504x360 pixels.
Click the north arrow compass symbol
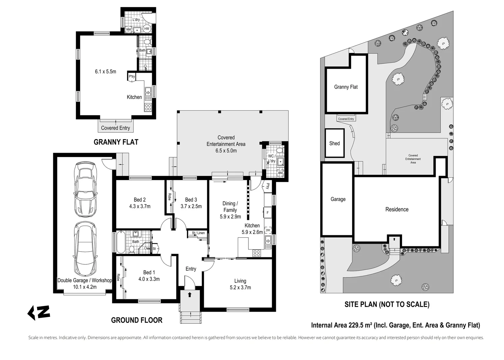[39, 312]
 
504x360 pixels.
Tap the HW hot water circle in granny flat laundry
[147, 29]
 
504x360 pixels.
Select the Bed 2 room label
[140, 200]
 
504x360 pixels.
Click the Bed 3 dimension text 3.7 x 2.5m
[191, 206]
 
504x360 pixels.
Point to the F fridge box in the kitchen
[267, 212]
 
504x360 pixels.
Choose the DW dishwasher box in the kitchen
[268, 230]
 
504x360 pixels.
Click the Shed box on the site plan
[334, 143]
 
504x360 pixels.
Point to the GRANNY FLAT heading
[116, 142]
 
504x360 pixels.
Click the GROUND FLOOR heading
[137, 320]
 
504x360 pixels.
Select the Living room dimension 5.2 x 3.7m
[240, 287]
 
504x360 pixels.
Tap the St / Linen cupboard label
[199, 233]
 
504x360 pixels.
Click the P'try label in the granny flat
[132, 77]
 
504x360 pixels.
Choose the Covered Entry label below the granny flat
[115, 128]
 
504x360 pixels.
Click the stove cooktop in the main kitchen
[256, 253]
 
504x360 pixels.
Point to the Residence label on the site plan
[397, 209]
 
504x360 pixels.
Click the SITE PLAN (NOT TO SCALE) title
[387, 304]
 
